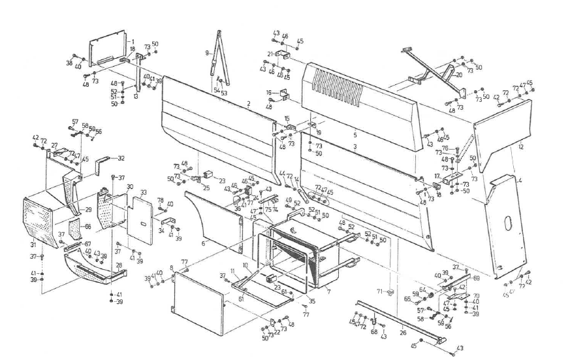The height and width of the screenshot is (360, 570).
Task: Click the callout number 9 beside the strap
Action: [207, 52]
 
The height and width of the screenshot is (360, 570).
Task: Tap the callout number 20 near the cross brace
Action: [459, 75]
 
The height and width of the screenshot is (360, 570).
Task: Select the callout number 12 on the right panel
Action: [521, 148]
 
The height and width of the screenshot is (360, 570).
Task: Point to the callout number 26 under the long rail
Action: [402, 333]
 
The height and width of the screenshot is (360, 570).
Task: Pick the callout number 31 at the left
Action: [32, 244]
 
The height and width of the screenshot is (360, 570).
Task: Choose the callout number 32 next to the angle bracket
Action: [121, 158]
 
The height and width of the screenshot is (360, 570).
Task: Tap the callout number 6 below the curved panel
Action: [203, 243]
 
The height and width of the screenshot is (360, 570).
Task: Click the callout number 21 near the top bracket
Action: [268, 54]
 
